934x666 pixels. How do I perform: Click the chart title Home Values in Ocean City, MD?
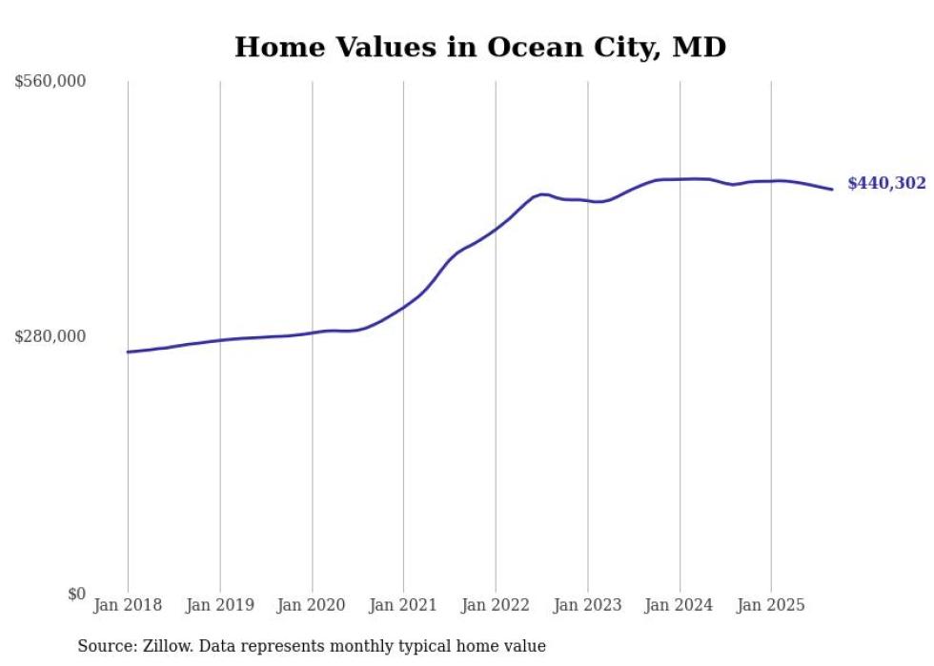pos(480,47)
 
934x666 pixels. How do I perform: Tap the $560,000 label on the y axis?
pos(51,82)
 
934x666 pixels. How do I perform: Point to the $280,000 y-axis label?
pos(51,336)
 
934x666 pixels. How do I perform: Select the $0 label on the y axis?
pos(76,594)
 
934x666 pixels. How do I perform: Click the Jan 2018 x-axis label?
pos(128,605)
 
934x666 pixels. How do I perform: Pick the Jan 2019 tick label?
pos(220,605)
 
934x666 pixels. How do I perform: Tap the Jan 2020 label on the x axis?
pos(312,605)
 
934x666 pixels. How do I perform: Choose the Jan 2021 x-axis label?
pos(403,605)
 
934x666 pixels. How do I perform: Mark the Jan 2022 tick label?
pos(496,605)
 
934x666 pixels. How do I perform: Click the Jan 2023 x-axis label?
pos(588,605)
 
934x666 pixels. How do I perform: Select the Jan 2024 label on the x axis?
pos(680,605)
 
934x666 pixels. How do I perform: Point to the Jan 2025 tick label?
pos(771,605)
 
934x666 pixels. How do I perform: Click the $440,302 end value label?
pos(886,184)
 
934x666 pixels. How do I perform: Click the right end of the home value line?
pos(832,190)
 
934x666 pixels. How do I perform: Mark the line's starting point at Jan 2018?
pos(128,352)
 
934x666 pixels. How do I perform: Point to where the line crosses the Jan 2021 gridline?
pos(403,306)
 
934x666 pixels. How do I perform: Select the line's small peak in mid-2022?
pos(541,194)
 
